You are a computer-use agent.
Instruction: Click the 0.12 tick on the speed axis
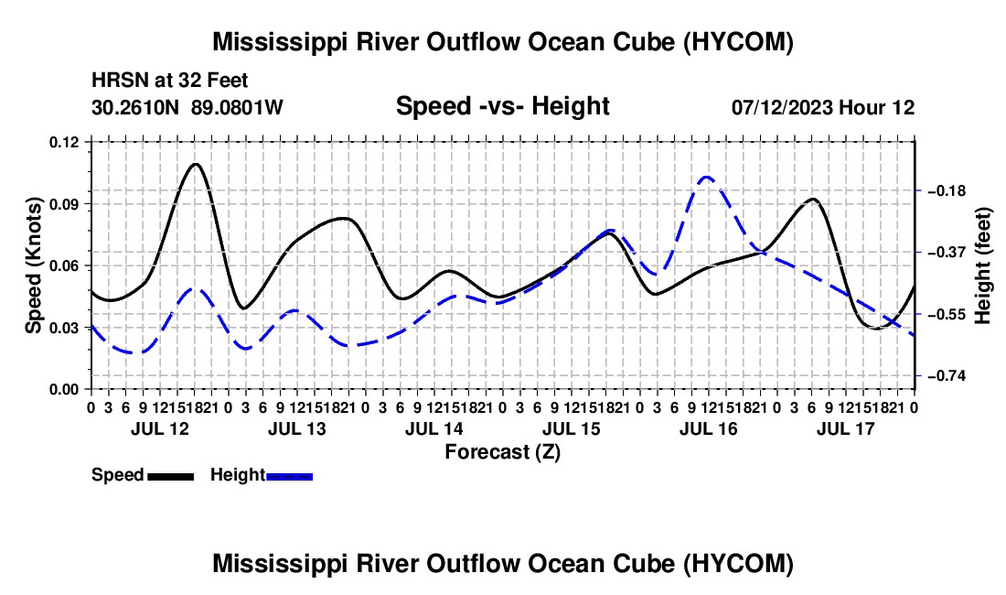tap(64, 143)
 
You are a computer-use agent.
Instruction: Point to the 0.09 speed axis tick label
tap(64, 204)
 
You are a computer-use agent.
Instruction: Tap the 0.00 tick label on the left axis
tap(64, 390)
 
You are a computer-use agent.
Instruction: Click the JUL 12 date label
tap(160, 428)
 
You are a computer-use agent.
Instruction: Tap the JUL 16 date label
tap(708, 428)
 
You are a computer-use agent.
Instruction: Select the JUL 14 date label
tap(433, 428)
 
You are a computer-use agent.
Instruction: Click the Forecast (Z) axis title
tap(502, 452)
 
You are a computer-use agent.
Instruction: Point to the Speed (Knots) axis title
tap(33, 265)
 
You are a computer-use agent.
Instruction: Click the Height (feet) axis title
tap(982, 265)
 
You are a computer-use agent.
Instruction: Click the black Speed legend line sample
tap(171, 477)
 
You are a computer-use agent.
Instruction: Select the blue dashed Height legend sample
tap(289, 477)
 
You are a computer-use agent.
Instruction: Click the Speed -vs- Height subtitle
tap(502, 106)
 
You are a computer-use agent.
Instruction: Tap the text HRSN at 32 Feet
tap(169, 81)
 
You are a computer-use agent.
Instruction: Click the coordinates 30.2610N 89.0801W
tap(187, 107)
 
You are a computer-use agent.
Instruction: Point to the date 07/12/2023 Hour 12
tap(823, 107)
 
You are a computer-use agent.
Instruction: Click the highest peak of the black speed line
tap(196, 164)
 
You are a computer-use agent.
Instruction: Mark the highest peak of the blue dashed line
tap(707, 177)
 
